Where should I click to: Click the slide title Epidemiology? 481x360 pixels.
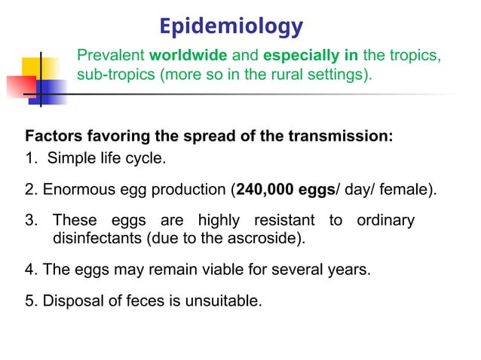pyautogui.click(x=231, y=27)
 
